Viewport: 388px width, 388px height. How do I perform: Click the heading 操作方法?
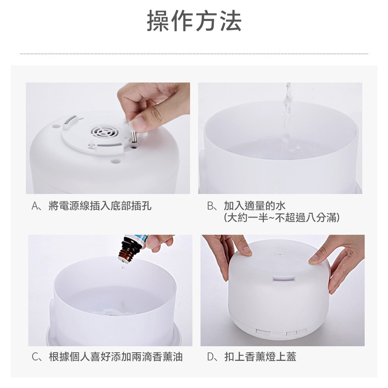(x=194, y=21)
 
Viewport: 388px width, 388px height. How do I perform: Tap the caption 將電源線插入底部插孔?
(x=100, y=206)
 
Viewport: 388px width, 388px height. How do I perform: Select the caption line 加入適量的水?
(x=255, y=206)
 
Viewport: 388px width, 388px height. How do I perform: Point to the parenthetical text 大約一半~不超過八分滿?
(x=282, y=218)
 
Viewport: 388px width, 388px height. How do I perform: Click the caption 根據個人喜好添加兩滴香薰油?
(x=116, y=357)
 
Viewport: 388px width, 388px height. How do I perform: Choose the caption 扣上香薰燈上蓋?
(x=260, y=357)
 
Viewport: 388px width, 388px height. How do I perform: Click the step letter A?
(x=35, y=206)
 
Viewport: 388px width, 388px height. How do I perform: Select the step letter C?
(x=36, y=357)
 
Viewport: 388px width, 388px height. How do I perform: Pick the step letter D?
(x=211, y=357)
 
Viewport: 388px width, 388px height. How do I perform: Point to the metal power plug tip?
(x=134, y=137)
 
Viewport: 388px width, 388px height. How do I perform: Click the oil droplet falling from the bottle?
(x=123, y=267)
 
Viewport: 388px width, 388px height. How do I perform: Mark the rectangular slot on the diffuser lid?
(x=284, y=279)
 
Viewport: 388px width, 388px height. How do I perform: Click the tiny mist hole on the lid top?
(x=280, y=254)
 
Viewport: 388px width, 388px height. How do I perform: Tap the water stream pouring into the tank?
(x=287, y=116)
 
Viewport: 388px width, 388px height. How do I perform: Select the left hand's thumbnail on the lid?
(x=247, y=251)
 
